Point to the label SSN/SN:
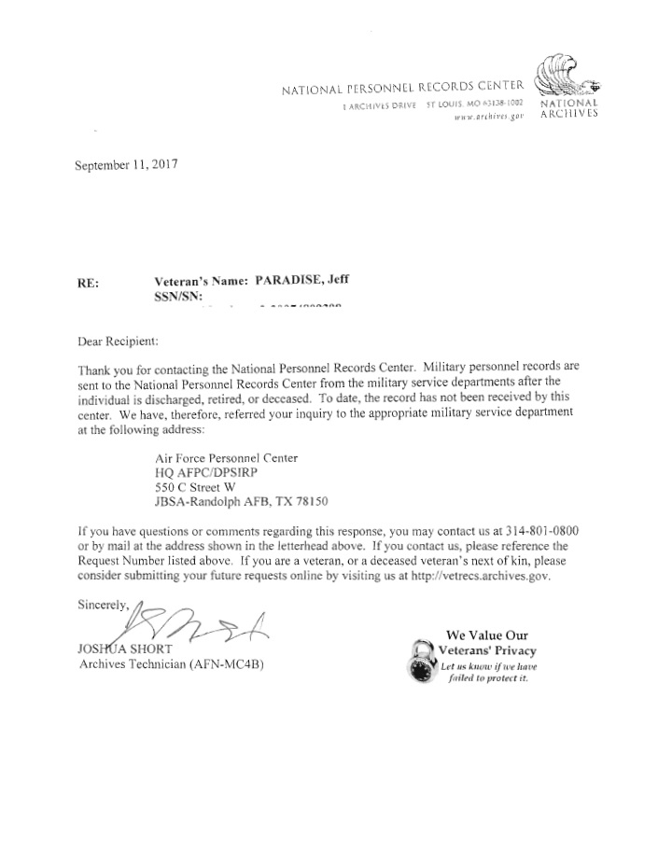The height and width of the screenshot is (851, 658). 177,295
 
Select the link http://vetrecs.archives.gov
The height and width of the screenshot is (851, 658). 474,576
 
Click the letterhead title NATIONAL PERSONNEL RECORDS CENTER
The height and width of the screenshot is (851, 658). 400,90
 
